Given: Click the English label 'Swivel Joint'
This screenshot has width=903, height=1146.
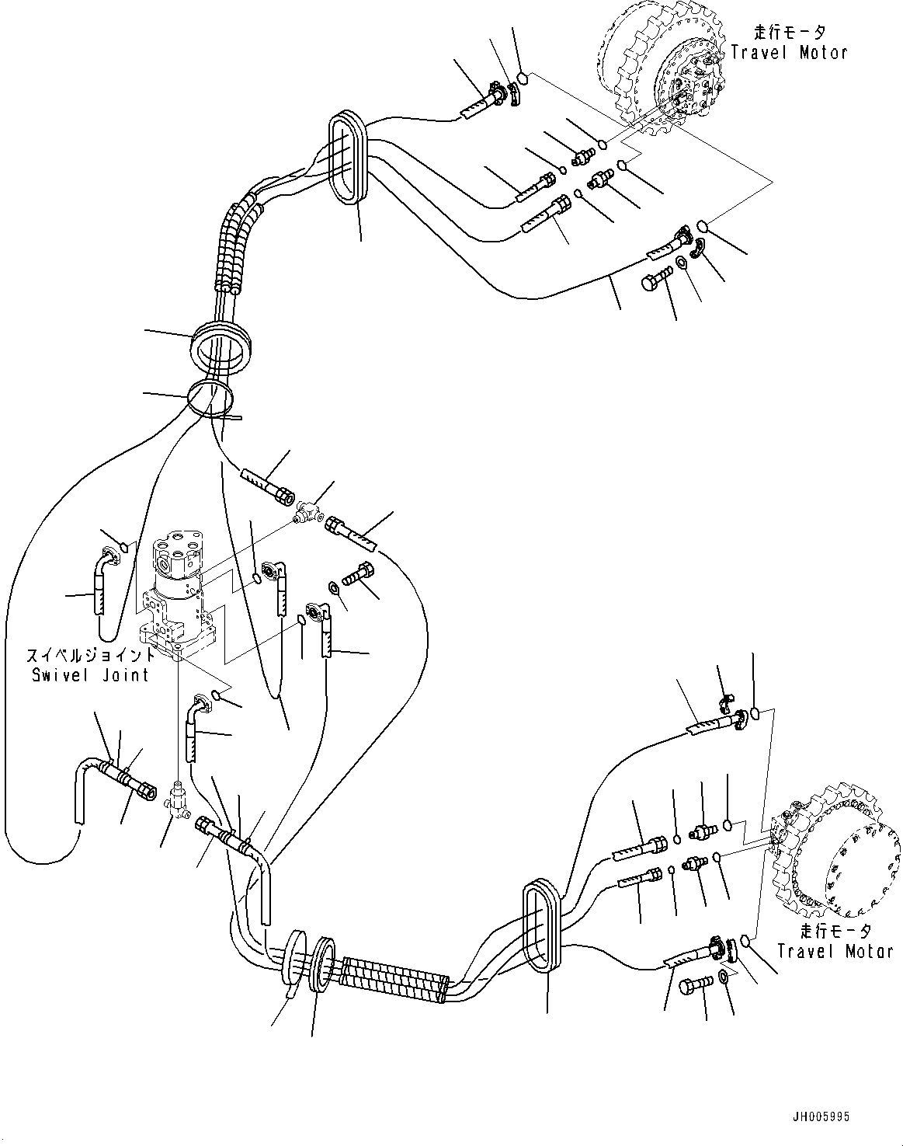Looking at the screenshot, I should (90, 674).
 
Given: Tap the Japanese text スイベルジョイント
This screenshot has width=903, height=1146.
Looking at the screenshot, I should (90, 654).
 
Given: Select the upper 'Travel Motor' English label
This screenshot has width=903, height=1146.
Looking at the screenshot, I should (789, 53).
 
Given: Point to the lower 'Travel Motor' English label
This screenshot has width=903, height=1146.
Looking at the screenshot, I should (835, 951).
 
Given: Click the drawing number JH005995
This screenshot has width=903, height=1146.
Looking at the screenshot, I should (821, 1116).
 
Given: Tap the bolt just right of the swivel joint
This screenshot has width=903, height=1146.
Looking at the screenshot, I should (359, 577).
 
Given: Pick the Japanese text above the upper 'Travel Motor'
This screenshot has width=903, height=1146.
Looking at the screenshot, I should (789, 32).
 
